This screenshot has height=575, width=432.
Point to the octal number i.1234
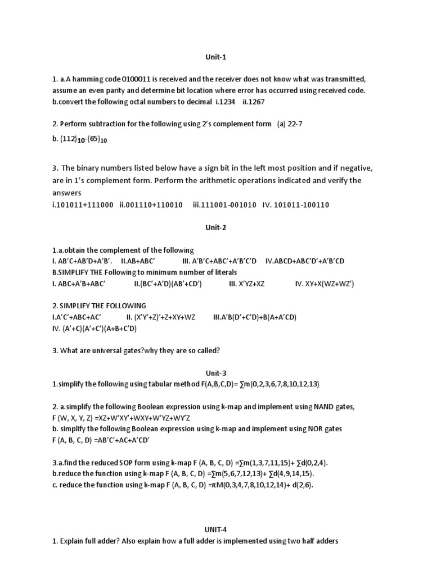tap(225, 102)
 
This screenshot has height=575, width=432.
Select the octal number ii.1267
tap(254, 102)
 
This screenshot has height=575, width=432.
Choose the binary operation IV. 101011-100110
tap(295, 205)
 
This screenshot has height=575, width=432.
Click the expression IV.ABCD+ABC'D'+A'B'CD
tap(313, 261)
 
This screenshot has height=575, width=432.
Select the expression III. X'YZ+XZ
tap(246, 284)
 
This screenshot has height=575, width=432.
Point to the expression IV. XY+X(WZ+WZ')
tap(325, 284)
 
